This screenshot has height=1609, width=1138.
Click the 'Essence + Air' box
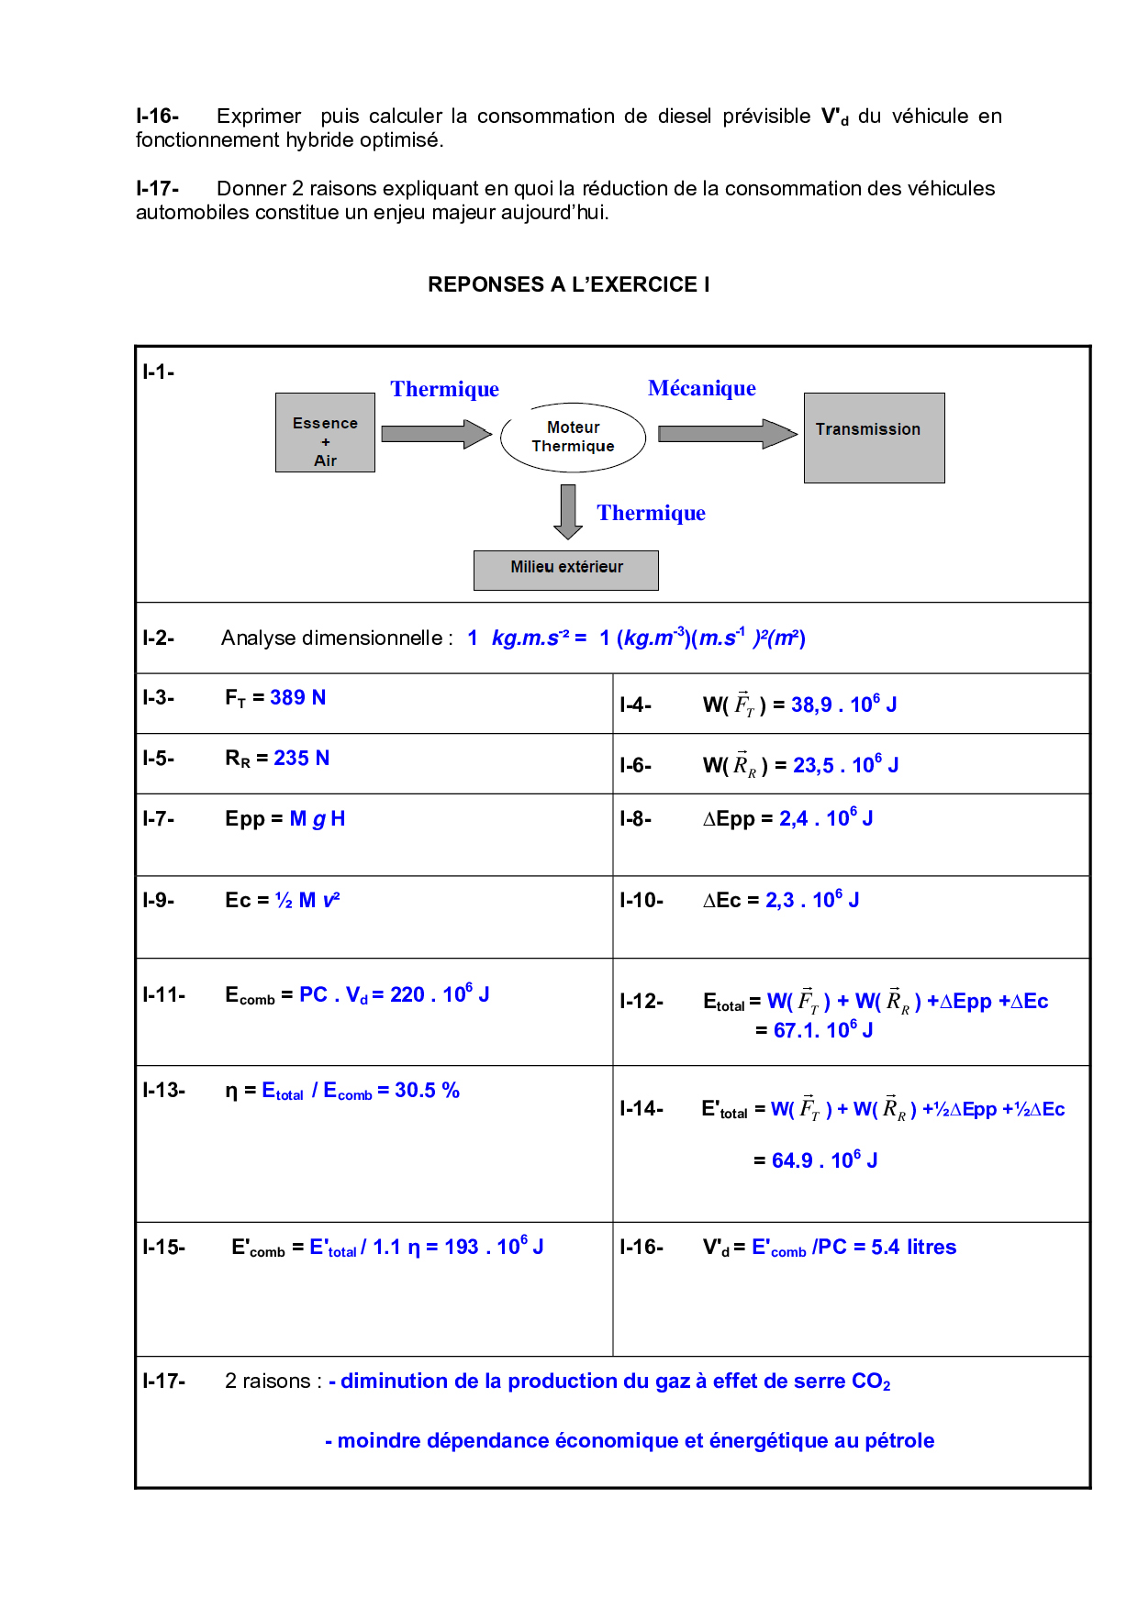(x=325, y=433)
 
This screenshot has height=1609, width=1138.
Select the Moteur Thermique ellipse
(x=573, y=438)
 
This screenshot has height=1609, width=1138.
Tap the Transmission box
(x=874, y=438)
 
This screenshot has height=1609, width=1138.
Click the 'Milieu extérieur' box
(x=565, y=570)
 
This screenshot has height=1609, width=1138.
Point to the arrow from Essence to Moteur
(x=436, y=434)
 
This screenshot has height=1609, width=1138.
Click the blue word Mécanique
(x=702, y=388)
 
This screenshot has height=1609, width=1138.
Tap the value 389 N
(x=297, y=698)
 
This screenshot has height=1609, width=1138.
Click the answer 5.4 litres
(x=913, y=1248)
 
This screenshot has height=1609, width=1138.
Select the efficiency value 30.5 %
(x=427, y=1091)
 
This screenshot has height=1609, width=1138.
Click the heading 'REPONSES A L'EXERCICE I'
(x=568, y=284)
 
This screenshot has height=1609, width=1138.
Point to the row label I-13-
(x=164, y=1091)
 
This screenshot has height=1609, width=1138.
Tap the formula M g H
(x=318, y=819)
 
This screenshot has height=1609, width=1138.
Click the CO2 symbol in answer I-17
(x=871, y=1382)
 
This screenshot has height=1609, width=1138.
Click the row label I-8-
(x=636, y=819)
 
